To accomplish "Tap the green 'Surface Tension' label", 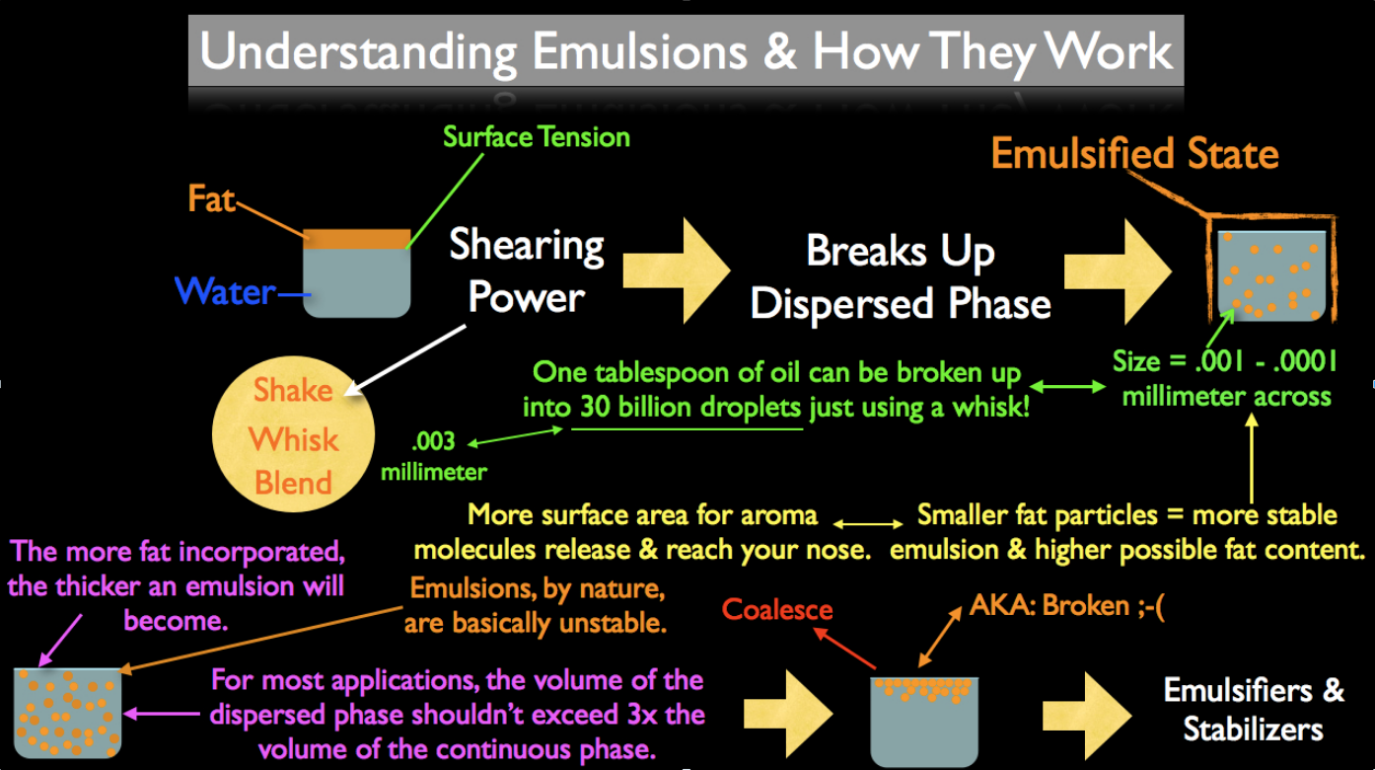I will click(x=537, y=136).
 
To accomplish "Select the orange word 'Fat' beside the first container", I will click(x=211, y=199).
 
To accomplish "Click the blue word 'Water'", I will click(x=224, y=291).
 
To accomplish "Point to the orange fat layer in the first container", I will click(x=356, y=238).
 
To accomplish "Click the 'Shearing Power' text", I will click(x=526, y=269).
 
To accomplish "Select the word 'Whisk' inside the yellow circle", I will click(x=294, y=438).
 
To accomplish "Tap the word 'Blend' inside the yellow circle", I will click(x=294, y=483).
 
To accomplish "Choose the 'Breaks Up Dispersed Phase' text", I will click(x=900, y=277).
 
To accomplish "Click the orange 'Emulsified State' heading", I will click(x=1134, y=154).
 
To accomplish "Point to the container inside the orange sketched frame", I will click(x=1270, y=274).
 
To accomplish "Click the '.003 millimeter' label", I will click(x=434, y=456).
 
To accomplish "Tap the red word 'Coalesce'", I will click(x=777, y=609).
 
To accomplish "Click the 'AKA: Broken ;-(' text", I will click(x=1067, y=604).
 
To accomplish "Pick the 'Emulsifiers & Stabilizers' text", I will click(x=1254, y=709).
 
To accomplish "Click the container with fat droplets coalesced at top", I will click(x=924, y=721).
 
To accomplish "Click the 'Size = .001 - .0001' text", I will click(x=1226, y=361).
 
